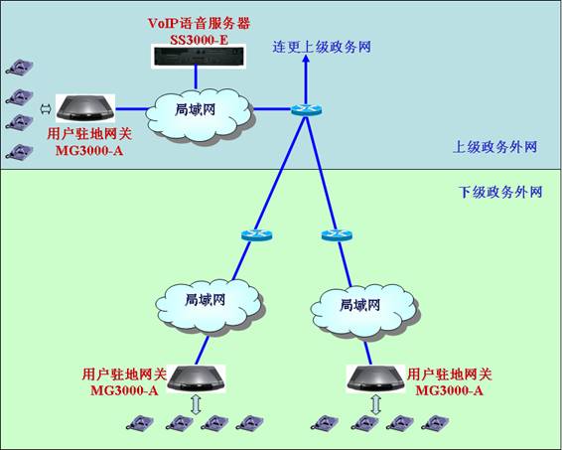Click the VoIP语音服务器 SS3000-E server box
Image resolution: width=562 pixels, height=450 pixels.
199,56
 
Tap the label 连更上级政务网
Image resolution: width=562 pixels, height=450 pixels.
322,47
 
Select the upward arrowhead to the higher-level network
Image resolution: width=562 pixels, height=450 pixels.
306,60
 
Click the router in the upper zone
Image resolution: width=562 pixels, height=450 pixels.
306,109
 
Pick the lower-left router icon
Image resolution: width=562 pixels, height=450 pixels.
256,234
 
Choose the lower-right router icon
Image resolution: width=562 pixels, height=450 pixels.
337,234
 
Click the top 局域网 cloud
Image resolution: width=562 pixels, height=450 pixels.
199,114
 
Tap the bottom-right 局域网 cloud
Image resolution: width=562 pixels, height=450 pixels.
364,311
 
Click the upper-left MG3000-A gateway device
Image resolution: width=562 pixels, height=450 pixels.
85,107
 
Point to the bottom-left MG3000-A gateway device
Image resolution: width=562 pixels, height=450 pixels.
196,378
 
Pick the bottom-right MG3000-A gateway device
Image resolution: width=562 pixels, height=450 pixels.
376,378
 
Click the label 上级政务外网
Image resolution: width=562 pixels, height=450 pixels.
494,147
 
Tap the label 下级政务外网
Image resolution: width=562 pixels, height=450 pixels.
500,192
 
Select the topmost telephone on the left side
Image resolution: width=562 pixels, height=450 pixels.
20,66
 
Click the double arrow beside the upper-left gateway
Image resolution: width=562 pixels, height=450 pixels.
46,109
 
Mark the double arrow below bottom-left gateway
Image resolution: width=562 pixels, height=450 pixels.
196,404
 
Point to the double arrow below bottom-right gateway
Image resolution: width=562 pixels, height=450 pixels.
376,404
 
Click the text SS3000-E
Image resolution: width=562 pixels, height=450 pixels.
199,40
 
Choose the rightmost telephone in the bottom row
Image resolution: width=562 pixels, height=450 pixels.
435,422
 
